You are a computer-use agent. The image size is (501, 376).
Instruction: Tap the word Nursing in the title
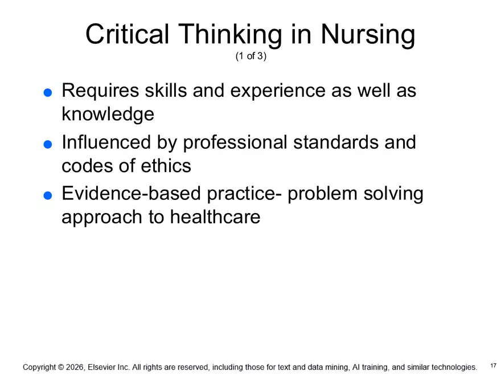pyautogui.click(x=368, y=35)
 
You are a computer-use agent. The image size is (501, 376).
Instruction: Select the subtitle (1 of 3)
pyautogui.click(x=250, y=57)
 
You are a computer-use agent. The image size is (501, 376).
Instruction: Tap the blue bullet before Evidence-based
pyautogui.click(x=48, y=195)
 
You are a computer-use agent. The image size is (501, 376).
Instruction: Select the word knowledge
pyautogui.click(x=108, y=115)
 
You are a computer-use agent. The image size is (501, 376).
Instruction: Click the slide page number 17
pyautogui.click(x=493, y=365)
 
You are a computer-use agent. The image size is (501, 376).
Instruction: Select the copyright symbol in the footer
pyautogui.click(x=60, y=367)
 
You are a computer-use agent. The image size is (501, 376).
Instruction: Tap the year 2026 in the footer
pyautogui.click(x=75, y=367)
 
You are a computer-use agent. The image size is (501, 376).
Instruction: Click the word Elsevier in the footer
pyautogui.click(x=102, y=367)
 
